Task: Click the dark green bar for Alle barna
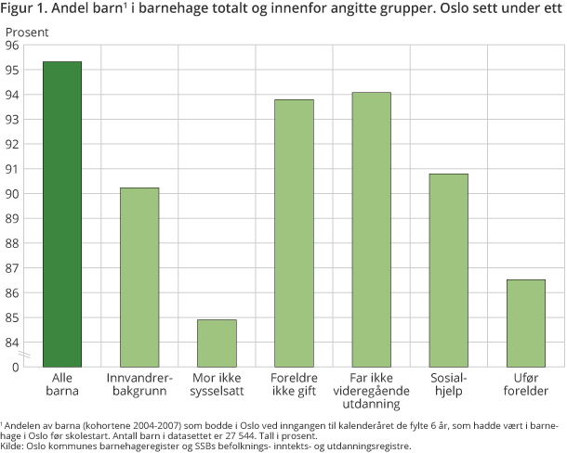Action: [x=62, y=214]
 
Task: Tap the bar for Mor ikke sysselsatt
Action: [x=217, y=343]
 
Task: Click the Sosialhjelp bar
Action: [x=448, y=269]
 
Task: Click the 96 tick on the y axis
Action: [x=12, y=45]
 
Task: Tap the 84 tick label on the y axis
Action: [x=12, y=343]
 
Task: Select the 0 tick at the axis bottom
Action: [x=15, y=367]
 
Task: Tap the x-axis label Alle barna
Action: [x=62, y=384]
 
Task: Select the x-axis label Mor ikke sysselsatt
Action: [x=217, y=384]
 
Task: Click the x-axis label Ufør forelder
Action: [x=525, y=384]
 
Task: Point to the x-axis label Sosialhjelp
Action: [x=448, y=384]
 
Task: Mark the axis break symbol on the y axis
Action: [x=25, y=356]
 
